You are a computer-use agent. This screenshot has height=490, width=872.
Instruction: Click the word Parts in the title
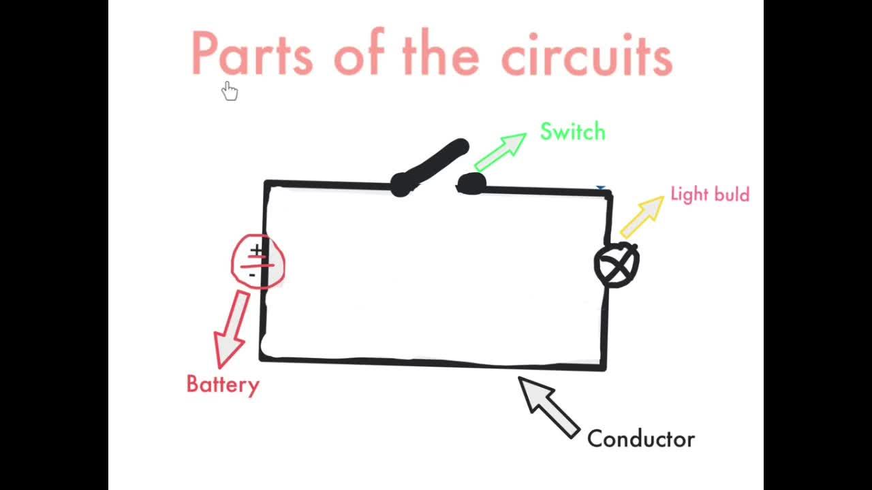(251, 53)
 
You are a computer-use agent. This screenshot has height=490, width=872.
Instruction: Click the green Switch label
(572, 131)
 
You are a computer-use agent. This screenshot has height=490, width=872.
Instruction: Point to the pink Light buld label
(710, 195)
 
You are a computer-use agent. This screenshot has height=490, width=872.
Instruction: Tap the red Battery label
(223, 385)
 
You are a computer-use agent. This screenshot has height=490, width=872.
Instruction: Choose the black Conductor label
(640, 439)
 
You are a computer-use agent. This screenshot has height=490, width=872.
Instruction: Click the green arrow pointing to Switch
(501, 151)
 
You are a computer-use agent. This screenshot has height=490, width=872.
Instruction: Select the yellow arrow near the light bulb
(642, 216)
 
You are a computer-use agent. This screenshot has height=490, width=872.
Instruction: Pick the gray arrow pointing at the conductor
(548, 406)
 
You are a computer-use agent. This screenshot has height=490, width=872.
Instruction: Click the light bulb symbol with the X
(617, 265)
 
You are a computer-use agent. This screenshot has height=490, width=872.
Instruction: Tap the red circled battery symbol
(258, 262)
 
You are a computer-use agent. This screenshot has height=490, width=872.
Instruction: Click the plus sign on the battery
(256, 250)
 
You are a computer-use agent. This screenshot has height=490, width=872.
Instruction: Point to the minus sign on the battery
(252, 274)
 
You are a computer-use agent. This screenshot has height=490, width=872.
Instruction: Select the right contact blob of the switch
(471, 183)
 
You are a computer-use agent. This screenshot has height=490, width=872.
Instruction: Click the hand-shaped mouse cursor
(230, 91)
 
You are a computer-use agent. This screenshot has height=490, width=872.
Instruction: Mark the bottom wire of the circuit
(433, 362)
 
